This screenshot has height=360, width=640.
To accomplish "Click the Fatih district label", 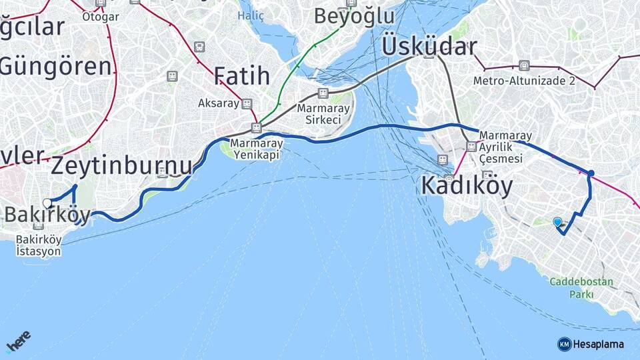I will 241,76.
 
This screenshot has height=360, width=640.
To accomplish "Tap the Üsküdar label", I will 429,47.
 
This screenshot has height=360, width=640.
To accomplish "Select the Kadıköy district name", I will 467,186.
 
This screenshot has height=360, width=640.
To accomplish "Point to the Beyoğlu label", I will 354,16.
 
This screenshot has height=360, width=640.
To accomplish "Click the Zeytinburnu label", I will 121,165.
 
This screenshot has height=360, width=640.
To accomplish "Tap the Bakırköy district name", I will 47,215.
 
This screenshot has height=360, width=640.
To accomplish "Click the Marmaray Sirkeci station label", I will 319,114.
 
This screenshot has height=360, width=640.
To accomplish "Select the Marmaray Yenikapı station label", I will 257,149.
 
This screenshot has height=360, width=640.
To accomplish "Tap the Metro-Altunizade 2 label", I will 524,81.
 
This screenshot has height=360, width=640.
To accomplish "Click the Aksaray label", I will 218,103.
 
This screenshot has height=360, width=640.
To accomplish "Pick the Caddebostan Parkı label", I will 581,288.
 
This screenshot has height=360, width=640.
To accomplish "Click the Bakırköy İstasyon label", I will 39,245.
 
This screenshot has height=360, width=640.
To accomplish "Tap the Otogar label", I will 100,17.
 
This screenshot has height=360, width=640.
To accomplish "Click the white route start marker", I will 47,203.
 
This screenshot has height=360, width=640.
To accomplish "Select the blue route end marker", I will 557,221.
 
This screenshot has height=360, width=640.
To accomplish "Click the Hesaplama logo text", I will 599,344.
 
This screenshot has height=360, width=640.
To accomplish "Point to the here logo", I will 18,341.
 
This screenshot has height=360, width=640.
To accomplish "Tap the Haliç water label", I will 251,16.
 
